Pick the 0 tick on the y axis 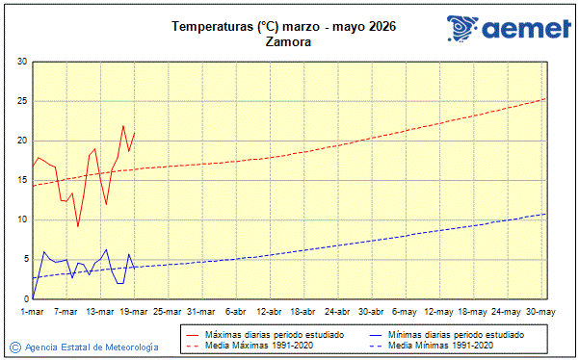(24, 298)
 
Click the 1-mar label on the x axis (33, 311)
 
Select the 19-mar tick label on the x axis (134, 311)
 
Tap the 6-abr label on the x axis (235, 311)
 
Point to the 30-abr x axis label (371, 311)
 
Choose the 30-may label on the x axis (540, 311)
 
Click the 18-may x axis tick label (473, 311)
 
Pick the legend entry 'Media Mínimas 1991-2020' (449, 345)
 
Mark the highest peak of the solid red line (123, 126)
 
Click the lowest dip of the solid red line (78, 226)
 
